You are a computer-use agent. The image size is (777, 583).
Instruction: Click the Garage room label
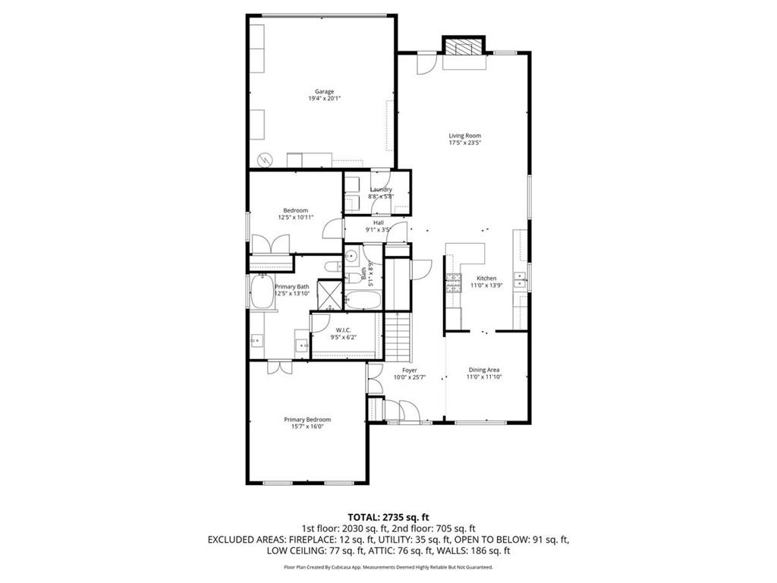[x=324, y=91]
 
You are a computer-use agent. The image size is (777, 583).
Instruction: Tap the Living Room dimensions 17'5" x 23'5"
[x=464, y=143]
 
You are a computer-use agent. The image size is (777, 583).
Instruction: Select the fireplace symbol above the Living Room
[x=463, y=48]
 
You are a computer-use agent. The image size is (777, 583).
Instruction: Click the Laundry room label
[x=380, y=190]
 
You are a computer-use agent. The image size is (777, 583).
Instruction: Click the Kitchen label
[x=486, y=279]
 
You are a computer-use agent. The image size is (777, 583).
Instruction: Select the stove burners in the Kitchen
[x=454, y=284]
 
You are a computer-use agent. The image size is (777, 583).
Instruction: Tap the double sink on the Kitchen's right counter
[x=521, y=280]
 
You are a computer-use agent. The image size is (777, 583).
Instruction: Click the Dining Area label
[x=483, y=370]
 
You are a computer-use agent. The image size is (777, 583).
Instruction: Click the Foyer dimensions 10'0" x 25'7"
[x=409, y=377]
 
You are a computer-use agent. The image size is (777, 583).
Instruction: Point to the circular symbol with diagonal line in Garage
[x=266, y=159]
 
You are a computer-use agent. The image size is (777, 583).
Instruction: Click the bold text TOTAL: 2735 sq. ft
[x=388, y=517]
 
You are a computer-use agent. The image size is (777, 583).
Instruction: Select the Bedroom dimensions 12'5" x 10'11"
[x=295, y=218]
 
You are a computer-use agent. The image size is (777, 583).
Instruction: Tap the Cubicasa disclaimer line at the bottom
[x=388, y=567]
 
